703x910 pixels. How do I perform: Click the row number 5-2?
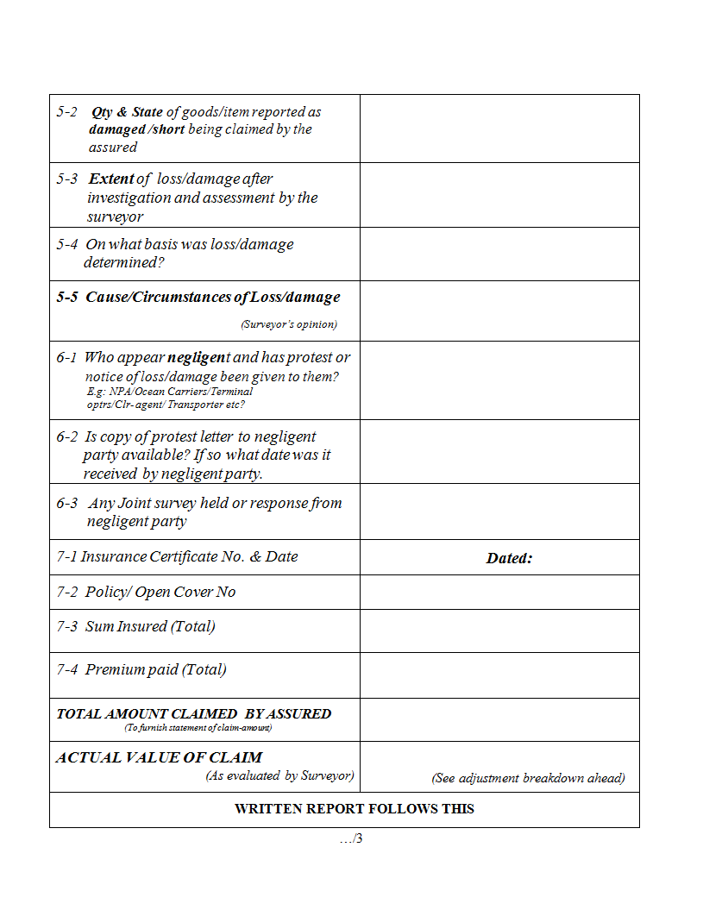click(x=67, y=112)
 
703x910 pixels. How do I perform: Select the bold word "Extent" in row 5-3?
click(x=111, y=179)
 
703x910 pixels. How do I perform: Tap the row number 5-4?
click(x=68, y=245)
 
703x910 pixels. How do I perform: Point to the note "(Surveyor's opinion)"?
click(x=288, y=324)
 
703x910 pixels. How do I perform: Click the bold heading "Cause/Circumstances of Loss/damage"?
click(x=212, y=298)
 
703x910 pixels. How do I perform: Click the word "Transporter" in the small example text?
click(x=197, y=405)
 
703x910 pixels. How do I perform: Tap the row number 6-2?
click(x=68, y=437)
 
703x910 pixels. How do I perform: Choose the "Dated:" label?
click(x=509, y=558)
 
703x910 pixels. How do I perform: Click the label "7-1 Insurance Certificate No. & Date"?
click(x=177, y=557)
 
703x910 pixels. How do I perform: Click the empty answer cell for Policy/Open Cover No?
click(x=499, y=592)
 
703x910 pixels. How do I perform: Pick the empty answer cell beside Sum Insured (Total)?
click(x=499, y=631)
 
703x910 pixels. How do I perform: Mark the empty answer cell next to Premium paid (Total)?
click(x=499, y=675)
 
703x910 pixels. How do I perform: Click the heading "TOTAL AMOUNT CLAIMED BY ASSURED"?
click(x=193, y=714)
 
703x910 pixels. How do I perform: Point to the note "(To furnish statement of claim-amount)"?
click(x=198, y=728)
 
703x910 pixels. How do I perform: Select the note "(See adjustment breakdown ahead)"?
click(x=528, y=778)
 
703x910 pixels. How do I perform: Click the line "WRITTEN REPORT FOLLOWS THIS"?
click(x=354, y=809)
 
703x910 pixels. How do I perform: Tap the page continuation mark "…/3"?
click(x=350, y=838)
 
